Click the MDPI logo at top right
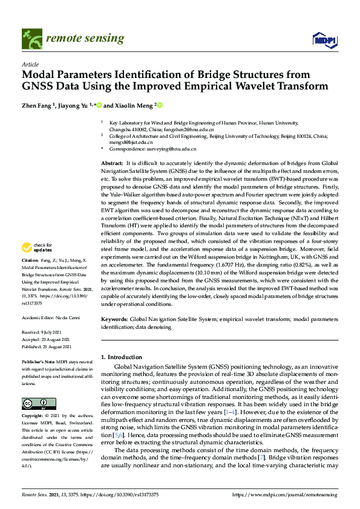tap(324, 40)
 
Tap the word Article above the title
tap(30, 64)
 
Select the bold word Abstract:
tap(111, 164)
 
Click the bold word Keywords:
tap(114, 318)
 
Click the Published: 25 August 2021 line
tap(47, 346)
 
